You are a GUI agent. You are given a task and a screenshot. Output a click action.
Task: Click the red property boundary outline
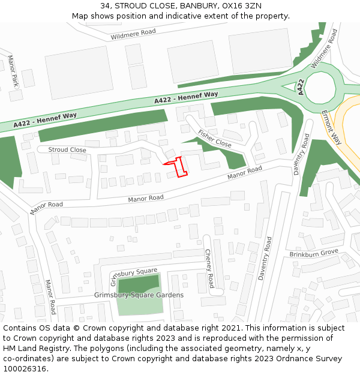(x=178, y=166)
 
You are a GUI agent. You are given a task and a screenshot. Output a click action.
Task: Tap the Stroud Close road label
(x=67, y=150)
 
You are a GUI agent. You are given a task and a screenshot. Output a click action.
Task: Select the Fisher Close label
(x=214, y=139)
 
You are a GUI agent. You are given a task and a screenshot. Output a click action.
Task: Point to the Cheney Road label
(x=209, y=268)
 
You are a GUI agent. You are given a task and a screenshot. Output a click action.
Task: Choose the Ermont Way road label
(x=331, y=127)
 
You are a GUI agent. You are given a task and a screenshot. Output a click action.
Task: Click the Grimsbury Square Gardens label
(x=139, y=295)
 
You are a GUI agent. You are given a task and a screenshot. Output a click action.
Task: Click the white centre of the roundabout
(x=320, y=89)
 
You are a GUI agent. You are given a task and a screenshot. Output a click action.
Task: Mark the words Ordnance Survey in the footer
(x=310, y=359)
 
